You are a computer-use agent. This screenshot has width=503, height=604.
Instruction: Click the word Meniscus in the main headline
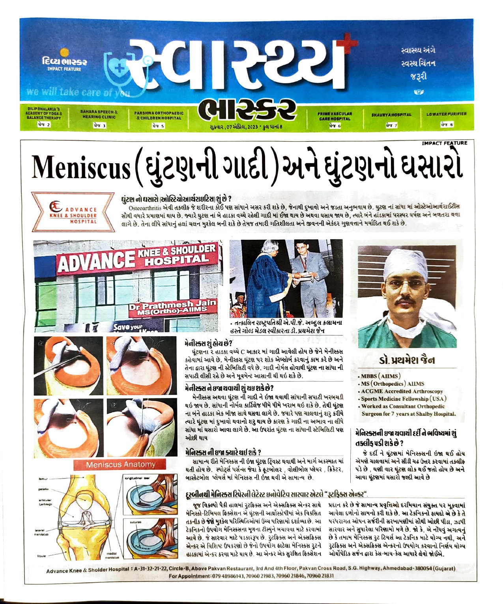click(80, 168)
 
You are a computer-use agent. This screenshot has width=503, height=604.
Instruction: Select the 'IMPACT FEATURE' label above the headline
click(444, 143)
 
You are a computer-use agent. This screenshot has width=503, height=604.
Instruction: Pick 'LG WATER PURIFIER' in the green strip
click(446, 114)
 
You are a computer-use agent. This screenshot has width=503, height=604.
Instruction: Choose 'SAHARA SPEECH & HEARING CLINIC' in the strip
click(99, 114)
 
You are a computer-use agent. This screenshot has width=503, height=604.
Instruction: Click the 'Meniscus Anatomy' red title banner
click(121, 464)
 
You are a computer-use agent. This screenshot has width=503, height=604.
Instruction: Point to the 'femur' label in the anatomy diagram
click(43, 479)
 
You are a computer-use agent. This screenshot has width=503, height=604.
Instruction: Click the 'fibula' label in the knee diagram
click(41, 556)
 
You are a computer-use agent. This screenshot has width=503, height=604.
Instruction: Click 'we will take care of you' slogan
click(78, 92)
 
